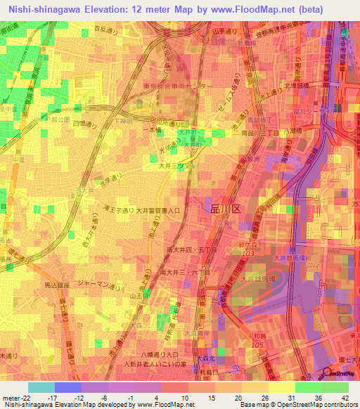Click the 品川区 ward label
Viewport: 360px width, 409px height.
pyautogui.click(x=225, y=209)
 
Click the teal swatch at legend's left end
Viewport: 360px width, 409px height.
pyautogui.click(x=41, y=387)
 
